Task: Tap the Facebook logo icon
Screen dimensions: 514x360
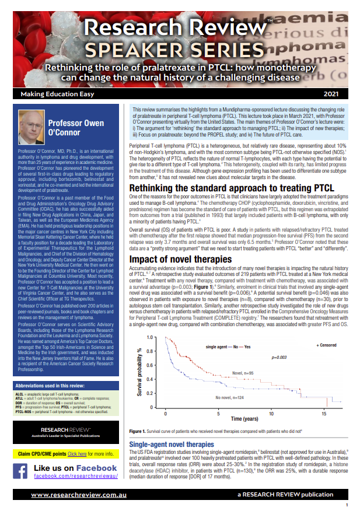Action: click(20, 471)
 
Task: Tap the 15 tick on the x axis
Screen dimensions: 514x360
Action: click(324, 412)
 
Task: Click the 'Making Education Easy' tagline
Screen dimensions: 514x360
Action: click(51, 93)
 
